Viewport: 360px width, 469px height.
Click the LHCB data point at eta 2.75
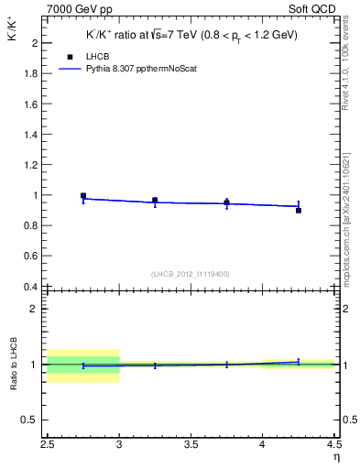[83, 196]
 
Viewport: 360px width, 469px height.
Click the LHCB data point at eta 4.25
[299, 210]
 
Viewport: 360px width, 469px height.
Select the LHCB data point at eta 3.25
[155, 200]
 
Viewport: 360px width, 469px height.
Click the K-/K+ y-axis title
[18, 40]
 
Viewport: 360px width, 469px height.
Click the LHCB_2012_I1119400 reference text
[191, 274]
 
